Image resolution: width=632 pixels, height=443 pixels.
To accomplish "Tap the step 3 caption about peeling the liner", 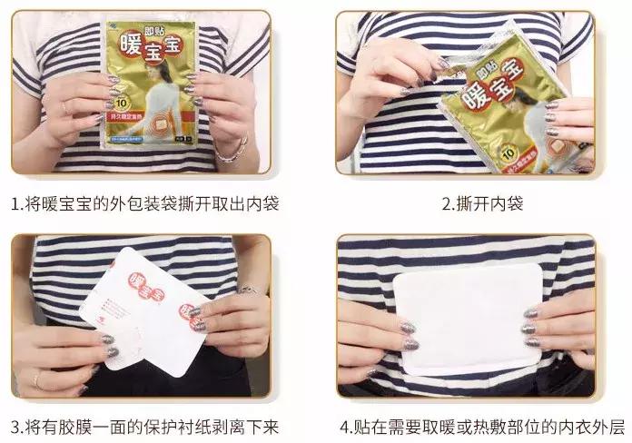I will [144, 425].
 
